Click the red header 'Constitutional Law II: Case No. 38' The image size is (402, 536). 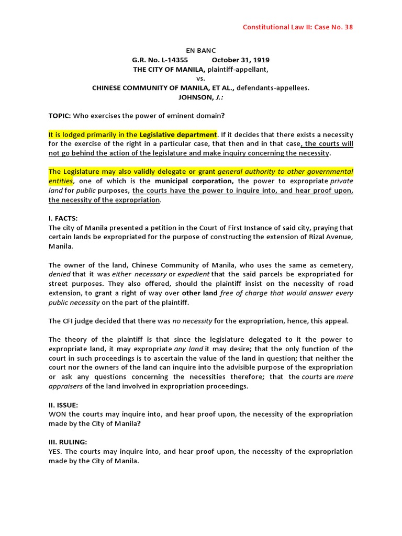click(297, 27)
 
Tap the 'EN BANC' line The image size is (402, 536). click(200, 51)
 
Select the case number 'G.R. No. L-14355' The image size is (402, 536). click(160, 60)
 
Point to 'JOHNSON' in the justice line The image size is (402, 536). click(194, 97)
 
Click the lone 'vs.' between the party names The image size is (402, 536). click(200, 79)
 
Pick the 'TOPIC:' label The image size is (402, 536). click(60, 116)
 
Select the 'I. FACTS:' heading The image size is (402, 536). click(63, 218)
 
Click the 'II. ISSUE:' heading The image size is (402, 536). click(63, 405)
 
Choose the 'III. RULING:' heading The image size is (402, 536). click(68, 442)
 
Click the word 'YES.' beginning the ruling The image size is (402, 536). click(56, 451)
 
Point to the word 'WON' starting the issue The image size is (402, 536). click(57, 414)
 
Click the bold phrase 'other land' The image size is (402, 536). click(199, 293)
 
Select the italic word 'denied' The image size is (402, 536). click(59, 274)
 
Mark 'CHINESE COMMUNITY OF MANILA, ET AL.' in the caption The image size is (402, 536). click(163, 88)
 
